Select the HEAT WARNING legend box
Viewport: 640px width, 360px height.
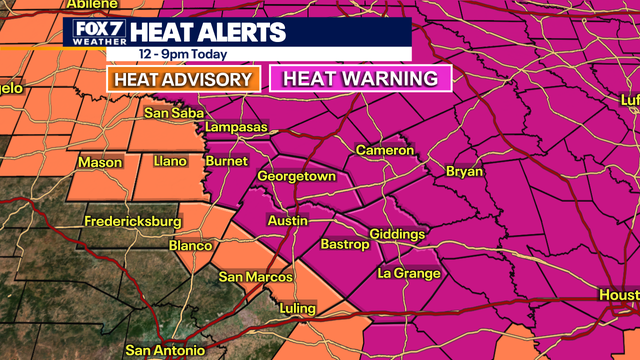coord(361,78)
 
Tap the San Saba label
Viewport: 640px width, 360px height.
coord(175,112)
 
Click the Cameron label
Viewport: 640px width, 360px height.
coord(385,150)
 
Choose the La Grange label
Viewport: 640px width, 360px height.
coord(408,273)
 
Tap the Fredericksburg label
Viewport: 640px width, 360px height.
coord(132,220)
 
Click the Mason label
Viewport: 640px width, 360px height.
coord(101,162)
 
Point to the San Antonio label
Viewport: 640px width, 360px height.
coord(165,350)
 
